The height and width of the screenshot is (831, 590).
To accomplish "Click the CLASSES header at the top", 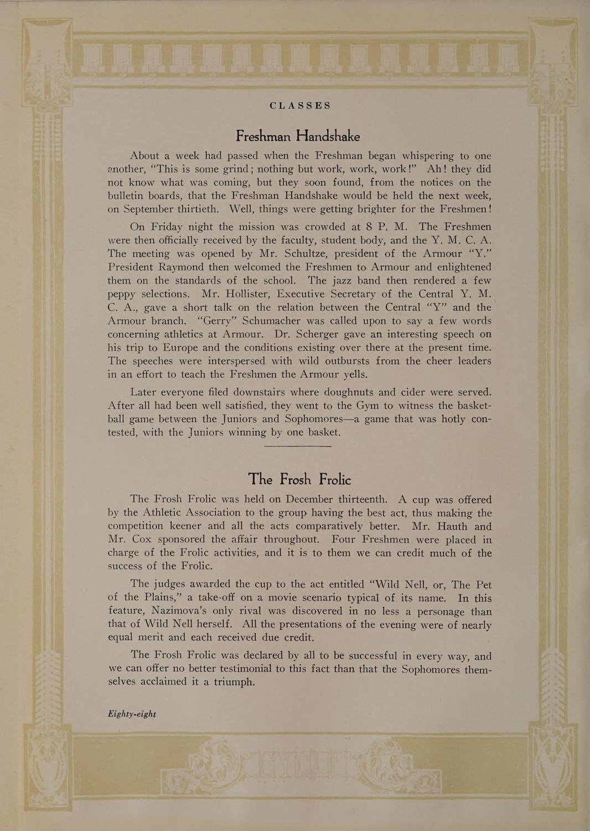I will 300,105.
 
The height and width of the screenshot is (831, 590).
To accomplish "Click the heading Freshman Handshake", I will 298,136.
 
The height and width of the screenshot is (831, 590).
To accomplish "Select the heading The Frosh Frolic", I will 299,479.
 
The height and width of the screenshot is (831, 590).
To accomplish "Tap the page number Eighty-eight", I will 132,714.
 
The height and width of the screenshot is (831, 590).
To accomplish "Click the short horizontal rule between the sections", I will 298,446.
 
